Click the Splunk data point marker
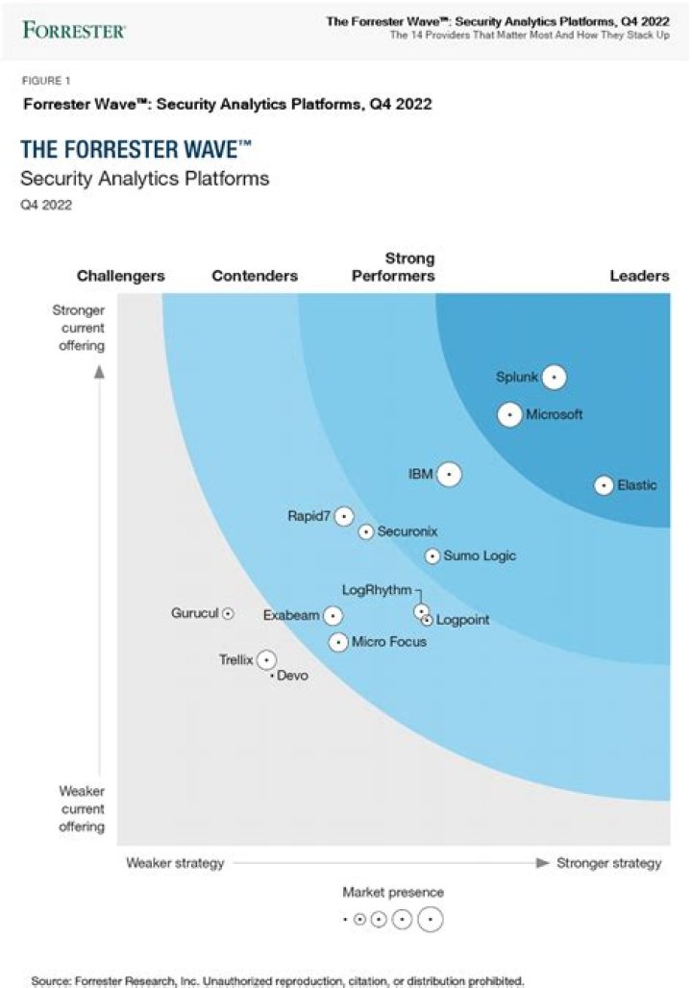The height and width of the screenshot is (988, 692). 554,378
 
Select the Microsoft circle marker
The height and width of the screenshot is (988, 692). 510,415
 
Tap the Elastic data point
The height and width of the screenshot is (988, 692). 604,485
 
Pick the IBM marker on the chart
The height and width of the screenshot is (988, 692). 448,474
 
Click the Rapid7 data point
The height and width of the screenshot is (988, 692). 344,516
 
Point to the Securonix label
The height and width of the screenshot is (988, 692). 403,531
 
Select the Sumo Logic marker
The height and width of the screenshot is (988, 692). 432,556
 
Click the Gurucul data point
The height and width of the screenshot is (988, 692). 228,613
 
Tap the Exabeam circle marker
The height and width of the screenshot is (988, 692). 333,615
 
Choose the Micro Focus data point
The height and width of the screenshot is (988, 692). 338,642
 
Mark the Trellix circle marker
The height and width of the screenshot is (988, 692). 266,659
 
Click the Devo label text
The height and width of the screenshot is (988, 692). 292,677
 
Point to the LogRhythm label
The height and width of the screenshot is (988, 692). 377,590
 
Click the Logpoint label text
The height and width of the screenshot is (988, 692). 462,620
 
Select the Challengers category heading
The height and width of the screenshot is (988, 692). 121,276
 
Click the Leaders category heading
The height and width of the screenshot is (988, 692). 639,276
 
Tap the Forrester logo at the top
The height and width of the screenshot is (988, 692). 74,31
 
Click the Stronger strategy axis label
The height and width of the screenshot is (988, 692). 609,863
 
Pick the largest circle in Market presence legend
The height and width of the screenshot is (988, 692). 430,920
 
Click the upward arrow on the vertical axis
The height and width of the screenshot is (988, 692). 98,373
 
